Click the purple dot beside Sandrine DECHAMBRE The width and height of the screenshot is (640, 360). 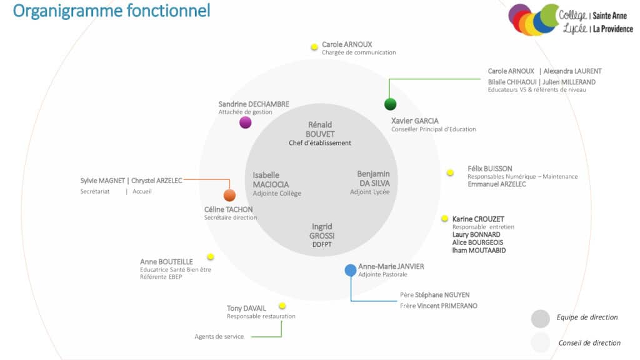pos(246,122)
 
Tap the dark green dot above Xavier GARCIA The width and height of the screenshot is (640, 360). pos(391,104)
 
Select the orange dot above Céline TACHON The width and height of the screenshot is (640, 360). pos(229,195)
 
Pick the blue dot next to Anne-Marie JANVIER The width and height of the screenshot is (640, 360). pos(351,270)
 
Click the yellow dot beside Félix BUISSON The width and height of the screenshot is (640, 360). pos(450,172)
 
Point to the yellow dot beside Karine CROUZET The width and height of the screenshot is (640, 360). pos(444,219)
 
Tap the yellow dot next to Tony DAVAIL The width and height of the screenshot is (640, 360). pos(282,306)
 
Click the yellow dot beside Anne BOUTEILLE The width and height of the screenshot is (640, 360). pos(211,257)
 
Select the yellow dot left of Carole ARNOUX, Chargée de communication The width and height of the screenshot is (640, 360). pos(314,47)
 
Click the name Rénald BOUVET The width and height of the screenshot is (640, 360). pos(320,129)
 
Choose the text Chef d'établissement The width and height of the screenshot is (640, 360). pos(320,143)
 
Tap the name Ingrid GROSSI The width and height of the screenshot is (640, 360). pos(322,231)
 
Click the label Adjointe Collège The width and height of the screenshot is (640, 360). pos(277,194)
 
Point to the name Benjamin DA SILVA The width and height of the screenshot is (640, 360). pos(373,178)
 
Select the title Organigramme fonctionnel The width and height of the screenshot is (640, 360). pos(111,11)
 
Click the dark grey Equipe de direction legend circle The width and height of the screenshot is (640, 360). pos(541,319)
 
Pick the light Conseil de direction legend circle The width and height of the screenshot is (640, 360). pos(541,342)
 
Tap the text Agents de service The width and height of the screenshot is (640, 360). pos(219,337)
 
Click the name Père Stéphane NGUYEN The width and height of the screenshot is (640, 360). pos(435,295)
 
